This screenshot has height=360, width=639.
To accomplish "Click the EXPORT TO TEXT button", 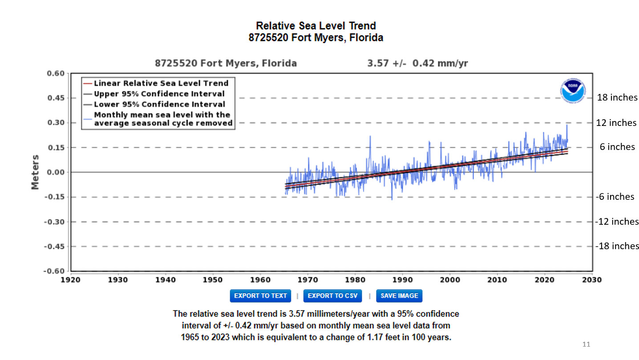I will (260, 296).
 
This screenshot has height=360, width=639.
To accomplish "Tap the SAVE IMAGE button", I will (399, 296).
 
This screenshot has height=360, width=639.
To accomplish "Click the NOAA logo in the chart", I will (573, 92).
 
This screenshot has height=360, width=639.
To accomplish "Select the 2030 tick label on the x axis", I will (592, 280).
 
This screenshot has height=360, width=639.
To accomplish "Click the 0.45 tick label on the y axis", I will (56, 98).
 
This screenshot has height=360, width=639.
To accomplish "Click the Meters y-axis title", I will (35, 172).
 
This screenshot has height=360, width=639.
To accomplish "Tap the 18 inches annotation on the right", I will (617, 97).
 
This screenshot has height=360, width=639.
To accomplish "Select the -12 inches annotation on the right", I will (617, 222).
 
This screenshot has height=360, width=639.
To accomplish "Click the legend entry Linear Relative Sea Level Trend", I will (161, 83).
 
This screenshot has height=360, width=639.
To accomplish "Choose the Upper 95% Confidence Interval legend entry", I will (159, 94).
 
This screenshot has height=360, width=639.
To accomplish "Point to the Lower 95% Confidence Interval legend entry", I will (159, 104).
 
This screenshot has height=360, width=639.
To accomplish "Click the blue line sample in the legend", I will (87, 119).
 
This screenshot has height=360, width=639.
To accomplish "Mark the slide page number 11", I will (586, 344).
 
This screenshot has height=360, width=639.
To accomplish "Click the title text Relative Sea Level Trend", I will (316, 26).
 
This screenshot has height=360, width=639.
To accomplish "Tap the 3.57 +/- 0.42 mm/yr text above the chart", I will (417, 64).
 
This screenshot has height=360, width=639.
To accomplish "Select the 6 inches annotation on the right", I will (617, 147).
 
